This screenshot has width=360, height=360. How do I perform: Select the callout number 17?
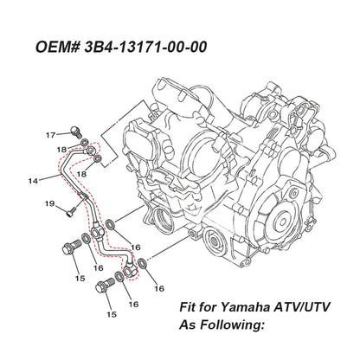[51, 135]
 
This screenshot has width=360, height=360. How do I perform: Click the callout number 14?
[32, 181]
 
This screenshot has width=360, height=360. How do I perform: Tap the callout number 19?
[49, 204]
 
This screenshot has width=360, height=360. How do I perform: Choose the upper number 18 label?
[61, 150]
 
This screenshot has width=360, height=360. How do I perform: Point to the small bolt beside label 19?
[68, 208]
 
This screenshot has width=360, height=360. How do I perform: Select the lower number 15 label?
[111, 316]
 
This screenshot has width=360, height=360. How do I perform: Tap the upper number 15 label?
[79, 278]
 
